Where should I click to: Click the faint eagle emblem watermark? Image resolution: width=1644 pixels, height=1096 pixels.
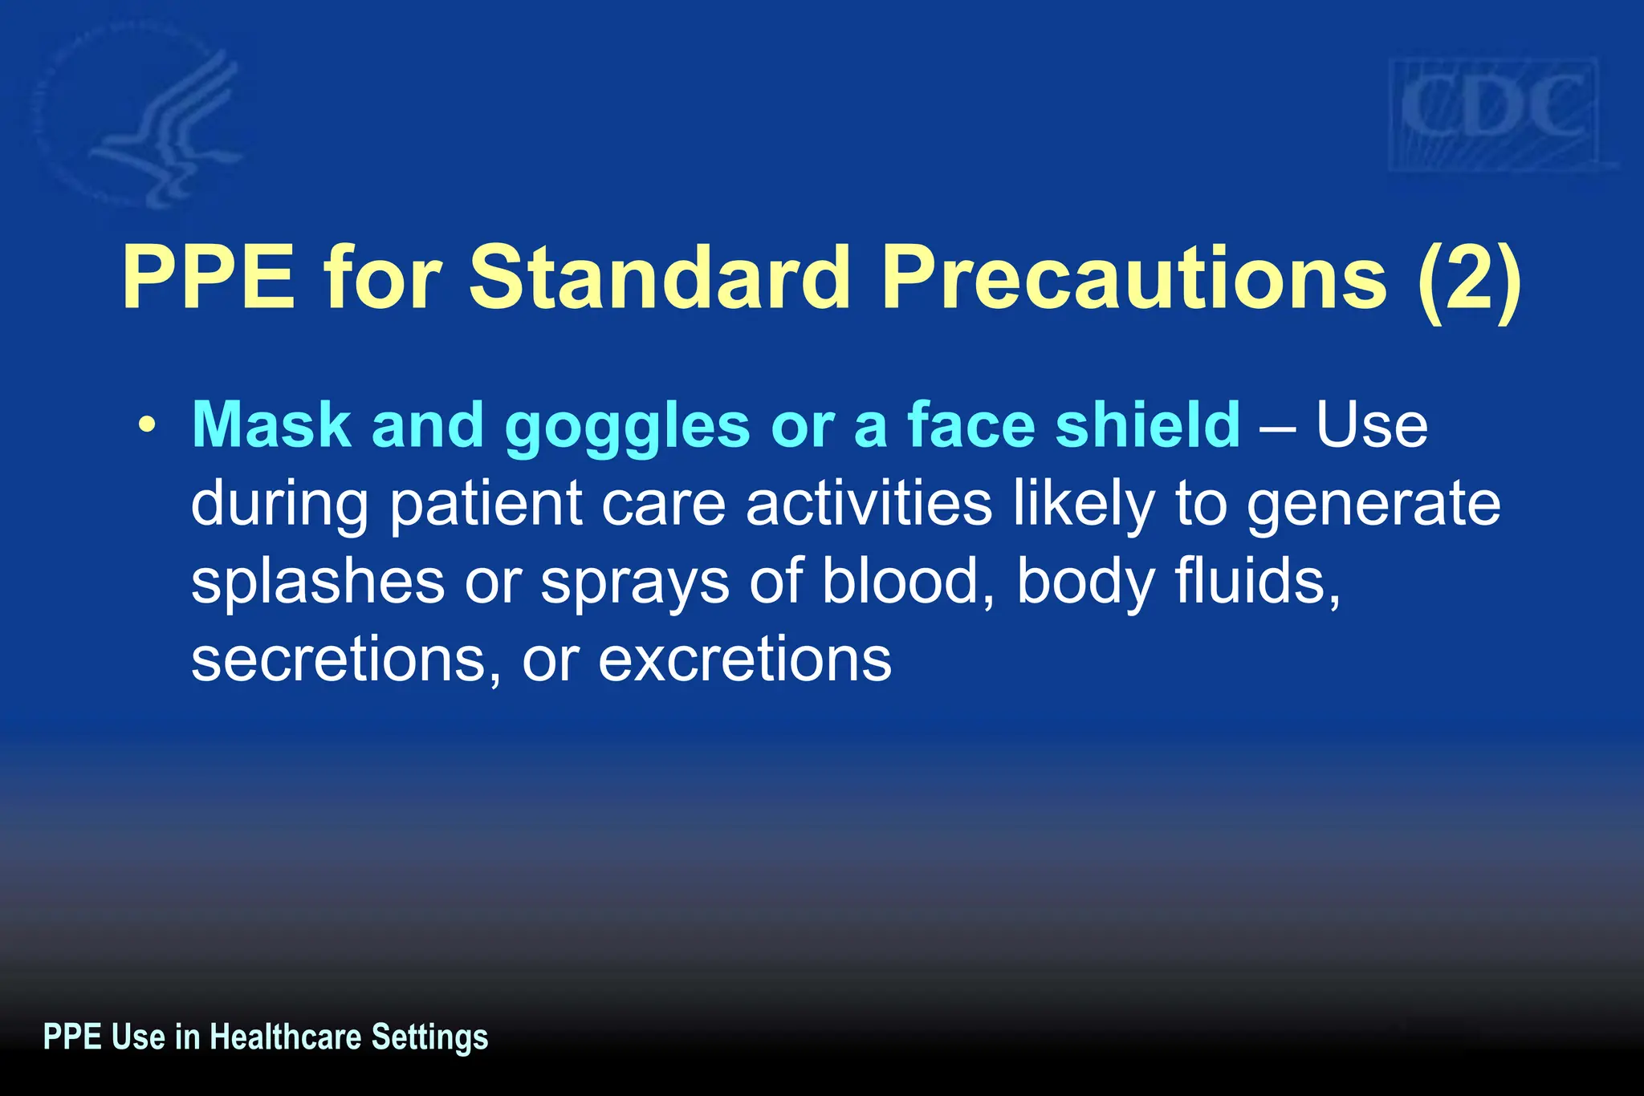(x=153, y=120)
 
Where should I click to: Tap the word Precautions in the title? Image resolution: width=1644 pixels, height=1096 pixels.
(x=1133, y=278)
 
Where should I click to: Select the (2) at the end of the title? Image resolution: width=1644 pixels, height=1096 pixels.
(x=1468, y=279)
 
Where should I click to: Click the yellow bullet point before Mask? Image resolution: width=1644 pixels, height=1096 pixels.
(x=145, y=426)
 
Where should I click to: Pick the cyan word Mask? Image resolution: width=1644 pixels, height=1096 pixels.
(x=271, y=424)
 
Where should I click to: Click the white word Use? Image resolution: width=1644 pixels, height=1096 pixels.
(x=1372, y=424)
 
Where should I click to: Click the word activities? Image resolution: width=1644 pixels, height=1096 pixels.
(x=869, y=504)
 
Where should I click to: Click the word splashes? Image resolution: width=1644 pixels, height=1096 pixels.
(x=317, y=582)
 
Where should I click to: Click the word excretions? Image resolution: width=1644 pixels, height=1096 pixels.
(x=744, y=660)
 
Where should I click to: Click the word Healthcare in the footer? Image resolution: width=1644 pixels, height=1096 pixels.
(x=285, y=1037)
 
